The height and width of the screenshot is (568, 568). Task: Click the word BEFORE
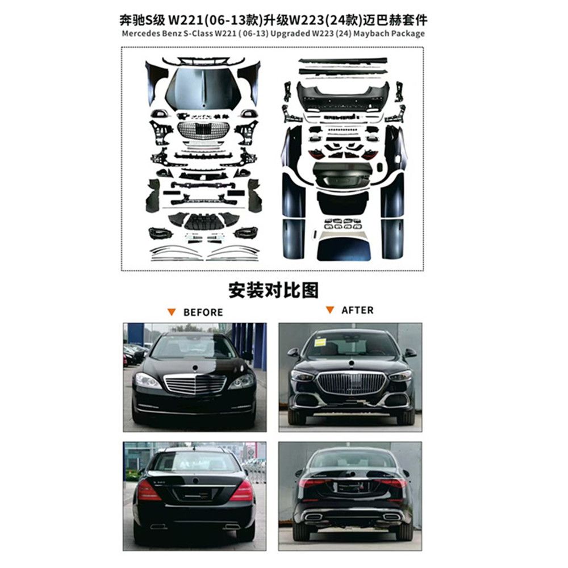[203, 312]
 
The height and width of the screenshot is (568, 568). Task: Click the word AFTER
[357, 310]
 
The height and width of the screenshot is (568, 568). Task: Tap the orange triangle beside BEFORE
[171, 311]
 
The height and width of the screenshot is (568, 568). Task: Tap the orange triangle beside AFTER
[329, 310]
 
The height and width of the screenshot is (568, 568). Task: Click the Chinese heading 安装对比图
[274, 290]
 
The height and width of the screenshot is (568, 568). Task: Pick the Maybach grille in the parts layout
[203, 129]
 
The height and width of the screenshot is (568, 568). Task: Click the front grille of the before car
[195, 385]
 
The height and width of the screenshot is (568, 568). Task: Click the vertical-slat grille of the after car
[350, 383]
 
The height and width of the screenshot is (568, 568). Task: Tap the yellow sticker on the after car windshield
[321, 342]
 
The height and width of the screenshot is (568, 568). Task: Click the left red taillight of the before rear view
[148, 490]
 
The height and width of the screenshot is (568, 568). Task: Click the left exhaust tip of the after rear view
[313, 517]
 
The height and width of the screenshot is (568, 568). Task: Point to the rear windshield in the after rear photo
[350, 459]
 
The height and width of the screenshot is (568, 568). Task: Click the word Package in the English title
[405, 34]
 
